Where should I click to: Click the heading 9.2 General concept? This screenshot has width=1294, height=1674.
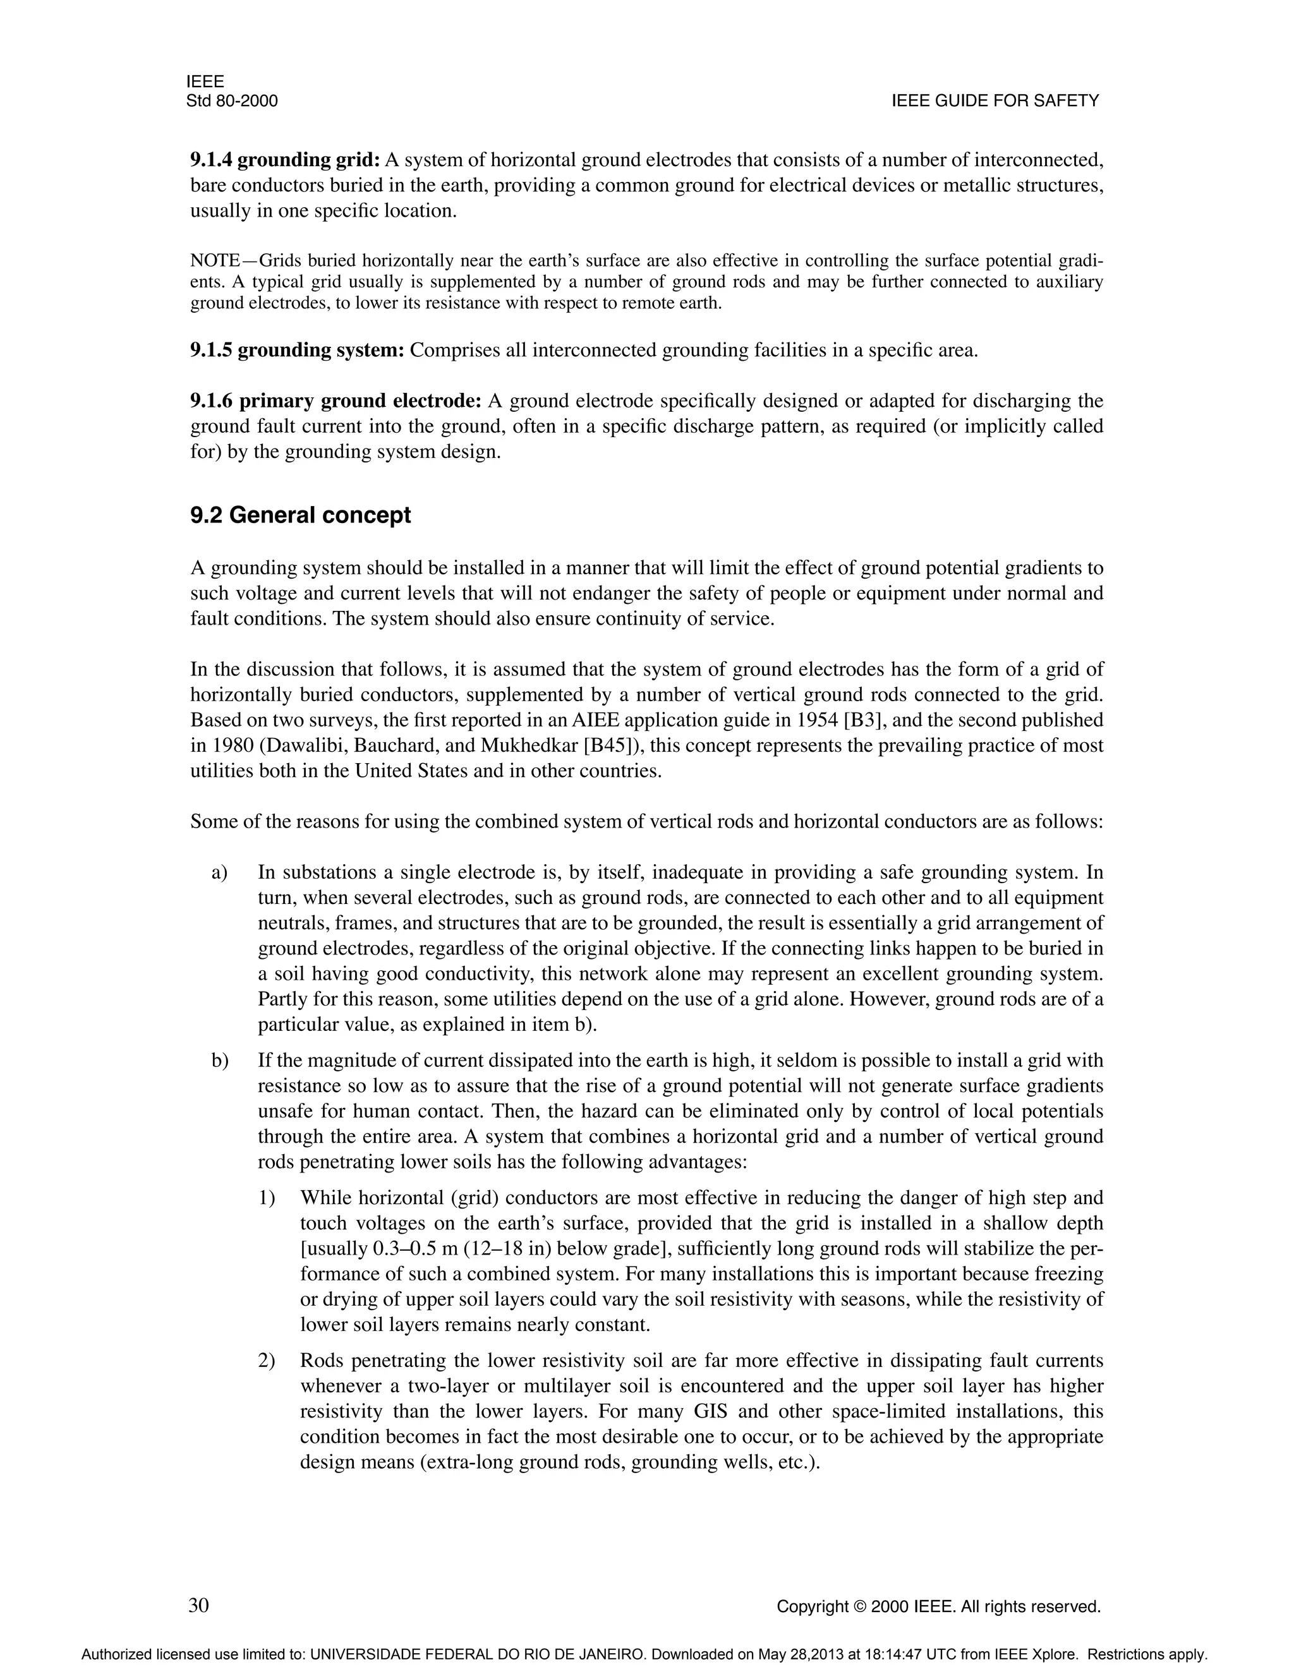click(x=301, y=515)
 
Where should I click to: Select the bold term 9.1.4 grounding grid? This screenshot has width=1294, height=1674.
click(x=285, y=160)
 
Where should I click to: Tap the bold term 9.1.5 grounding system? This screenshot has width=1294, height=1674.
click(x=297, y=351)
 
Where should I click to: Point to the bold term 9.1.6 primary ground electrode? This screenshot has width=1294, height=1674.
click(x=336, y=401)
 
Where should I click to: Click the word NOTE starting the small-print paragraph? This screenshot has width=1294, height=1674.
click(x=215, y=262)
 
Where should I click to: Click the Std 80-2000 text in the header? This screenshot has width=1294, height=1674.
click(x=231, y=101)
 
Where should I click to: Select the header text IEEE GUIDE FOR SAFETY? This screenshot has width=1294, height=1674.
click(x=995, y=101)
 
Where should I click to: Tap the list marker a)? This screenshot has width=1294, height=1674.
click(x=219, y=872)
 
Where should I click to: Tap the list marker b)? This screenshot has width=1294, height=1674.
click(x=220, y=1061)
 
